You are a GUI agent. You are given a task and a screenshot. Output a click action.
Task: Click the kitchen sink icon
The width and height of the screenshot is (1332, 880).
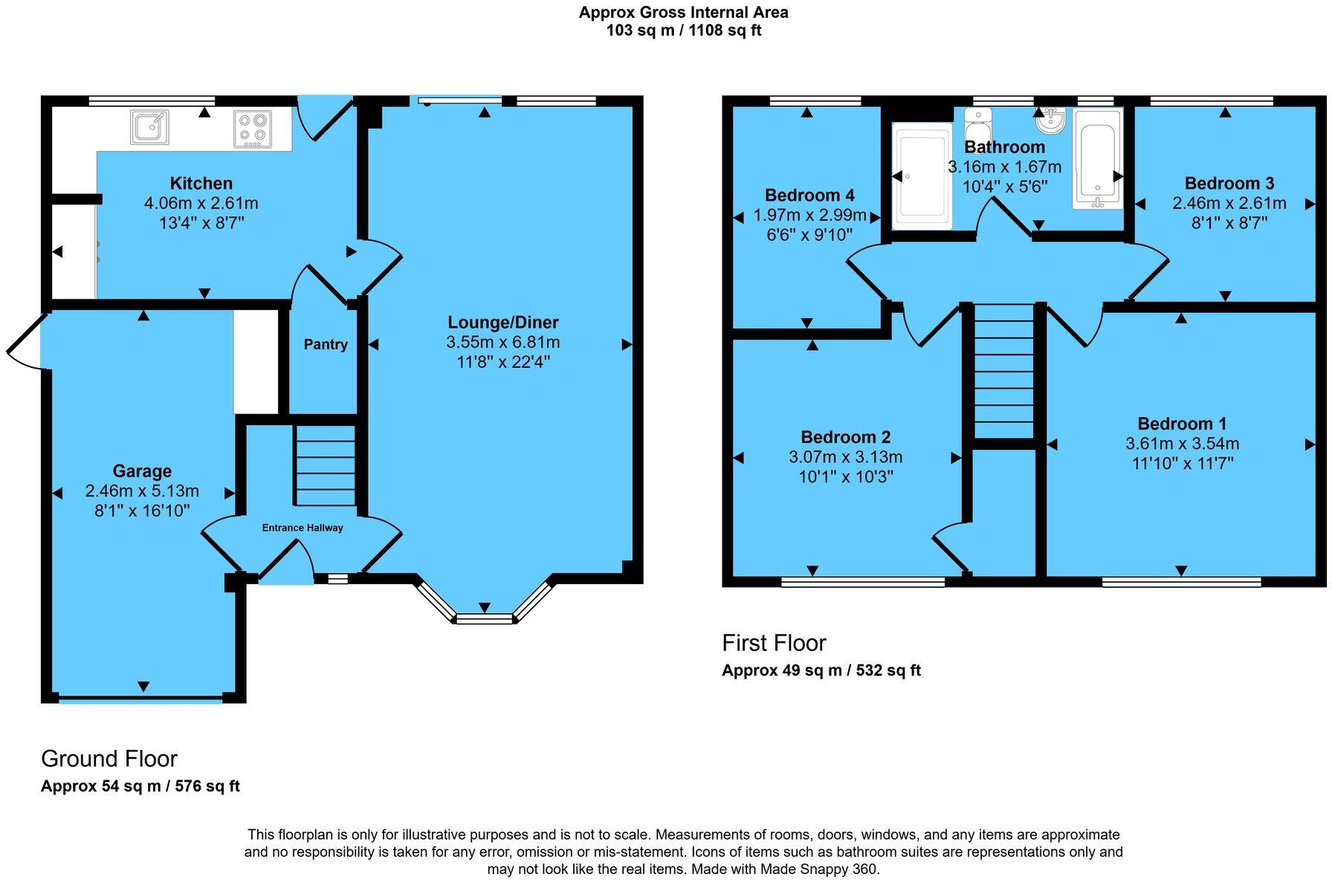pyautogui.click(x=149, y=126)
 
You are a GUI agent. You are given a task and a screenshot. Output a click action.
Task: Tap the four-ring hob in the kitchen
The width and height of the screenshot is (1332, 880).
pyautogui.click(x=253, y=128)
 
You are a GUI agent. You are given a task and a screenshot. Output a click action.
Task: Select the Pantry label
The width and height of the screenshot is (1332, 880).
pyautogui.click(x=326, y=345)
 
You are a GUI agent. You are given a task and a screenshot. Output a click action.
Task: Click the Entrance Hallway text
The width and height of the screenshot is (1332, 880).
pyautogui.click(x=303, y=528)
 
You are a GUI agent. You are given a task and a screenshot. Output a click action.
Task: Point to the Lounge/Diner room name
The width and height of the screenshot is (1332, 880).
pyautogui.click(x=502, y=323)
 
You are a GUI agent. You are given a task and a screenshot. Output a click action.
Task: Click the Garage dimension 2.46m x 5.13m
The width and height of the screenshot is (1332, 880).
pyautogui.click(x=142, y=491)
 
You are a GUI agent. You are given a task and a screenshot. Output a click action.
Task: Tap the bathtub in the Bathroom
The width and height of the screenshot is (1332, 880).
pyautogui.click(x=1097, y=158)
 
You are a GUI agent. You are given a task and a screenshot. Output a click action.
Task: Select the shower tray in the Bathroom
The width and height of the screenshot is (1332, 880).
pyautogui.click(x=922, y=175)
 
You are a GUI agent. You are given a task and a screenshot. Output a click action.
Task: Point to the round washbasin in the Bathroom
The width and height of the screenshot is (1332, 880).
pyautogui.click(x=1053, y=117)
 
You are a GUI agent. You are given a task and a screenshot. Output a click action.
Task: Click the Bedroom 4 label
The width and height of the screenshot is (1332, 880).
pyautogui.click(x=809, y=195)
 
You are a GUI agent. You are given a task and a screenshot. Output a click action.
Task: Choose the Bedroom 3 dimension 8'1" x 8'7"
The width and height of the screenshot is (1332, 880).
pyautogui.click(x=1229, y=222)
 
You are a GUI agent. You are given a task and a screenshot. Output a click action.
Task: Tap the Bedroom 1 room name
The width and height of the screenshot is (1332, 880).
pyautogui.click(x=1182, y=424)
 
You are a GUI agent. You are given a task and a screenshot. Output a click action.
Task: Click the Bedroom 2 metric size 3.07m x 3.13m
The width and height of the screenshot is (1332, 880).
pyautogui.click(x=845, y=457)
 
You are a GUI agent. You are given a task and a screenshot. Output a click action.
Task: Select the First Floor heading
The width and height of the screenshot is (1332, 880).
pyautogui.click(x=774, y=643)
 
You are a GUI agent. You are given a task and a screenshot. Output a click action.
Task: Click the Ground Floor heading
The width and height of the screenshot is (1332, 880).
pyautogui.click(x=109, y=759)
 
